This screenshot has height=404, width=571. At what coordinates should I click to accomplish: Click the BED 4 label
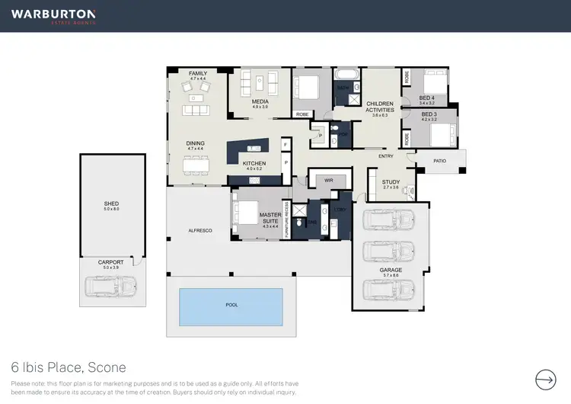pyautogui.click(x=427, y=98)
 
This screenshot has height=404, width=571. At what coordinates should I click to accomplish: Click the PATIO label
pyautogui.click(x=439, y=161)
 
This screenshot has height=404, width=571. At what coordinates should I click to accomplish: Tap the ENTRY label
pyautogui.click(x=386, y=156)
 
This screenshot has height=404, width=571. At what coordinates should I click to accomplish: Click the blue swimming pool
pyautogui.click(x=231, y=305)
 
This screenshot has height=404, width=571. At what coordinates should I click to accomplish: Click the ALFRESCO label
pyautogui.click(x=199, y=229)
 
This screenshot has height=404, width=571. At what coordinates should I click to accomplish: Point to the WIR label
pyautogui.click(x=329, y=181)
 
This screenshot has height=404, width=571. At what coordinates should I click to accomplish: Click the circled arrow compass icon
pyautogui.click(x=546, y=379)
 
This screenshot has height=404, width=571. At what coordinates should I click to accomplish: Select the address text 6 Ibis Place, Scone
pyautogui.click(x=69, y=367)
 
